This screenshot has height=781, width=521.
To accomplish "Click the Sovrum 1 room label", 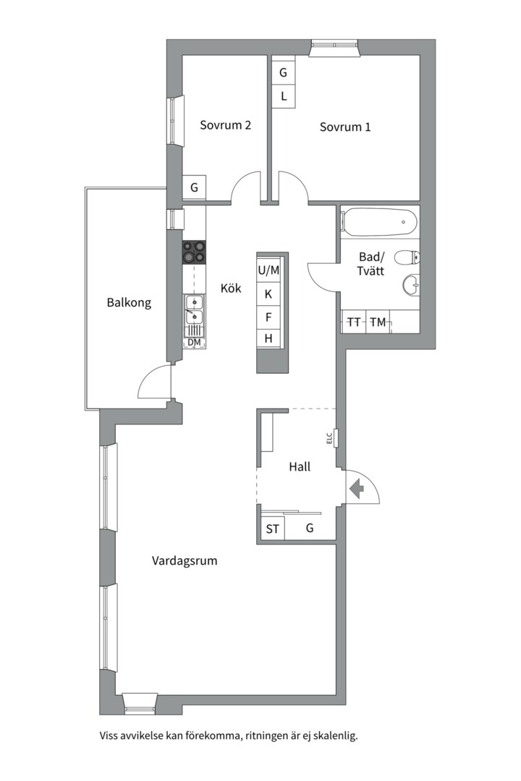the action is click(x=345, y=127).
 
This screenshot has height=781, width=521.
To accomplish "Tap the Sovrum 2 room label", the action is click(x=225, y=124).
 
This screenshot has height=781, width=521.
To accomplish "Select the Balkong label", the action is click(x=129, y=302).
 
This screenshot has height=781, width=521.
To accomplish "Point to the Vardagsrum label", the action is click(x=185, y=561).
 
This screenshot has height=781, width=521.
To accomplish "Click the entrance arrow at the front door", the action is click(x=357, y=489).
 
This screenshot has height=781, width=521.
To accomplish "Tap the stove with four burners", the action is click(x=194, y=252).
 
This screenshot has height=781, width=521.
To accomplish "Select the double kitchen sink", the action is click(x=194, y=309).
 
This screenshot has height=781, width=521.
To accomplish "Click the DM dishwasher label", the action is click(x=194, y=342).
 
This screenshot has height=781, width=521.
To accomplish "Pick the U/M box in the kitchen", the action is click(x=268, y=270).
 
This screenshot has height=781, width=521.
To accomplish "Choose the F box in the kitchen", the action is click(x=268, y=317).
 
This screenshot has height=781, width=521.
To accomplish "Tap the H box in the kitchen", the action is click(x=268, y=338).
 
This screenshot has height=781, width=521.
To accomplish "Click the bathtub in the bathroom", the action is click(x=380, y=222).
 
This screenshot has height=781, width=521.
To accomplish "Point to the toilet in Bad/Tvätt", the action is click(x=407, y=257).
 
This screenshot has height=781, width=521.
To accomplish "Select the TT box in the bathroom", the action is click(x=354, y=323).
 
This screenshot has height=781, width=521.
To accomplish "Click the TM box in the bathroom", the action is click(x=378, y=323).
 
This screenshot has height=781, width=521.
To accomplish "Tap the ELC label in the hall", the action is click(x=329, y=438).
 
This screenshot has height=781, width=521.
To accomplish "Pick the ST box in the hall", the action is click(x=272, y=529).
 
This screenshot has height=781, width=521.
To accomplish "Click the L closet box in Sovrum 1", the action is click(x=284, y=96).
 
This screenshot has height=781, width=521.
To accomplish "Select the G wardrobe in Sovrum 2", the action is click(x=194, y=188).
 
